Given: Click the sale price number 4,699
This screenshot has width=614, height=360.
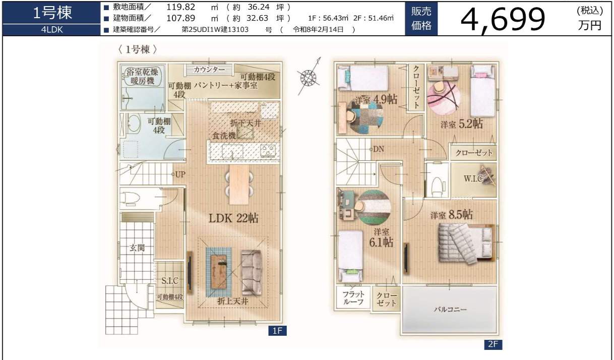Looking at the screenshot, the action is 503,19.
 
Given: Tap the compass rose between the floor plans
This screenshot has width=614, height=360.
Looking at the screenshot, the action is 309,78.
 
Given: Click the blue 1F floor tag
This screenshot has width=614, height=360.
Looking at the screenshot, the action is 277,331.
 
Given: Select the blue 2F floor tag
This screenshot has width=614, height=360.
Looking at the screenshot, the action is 493,344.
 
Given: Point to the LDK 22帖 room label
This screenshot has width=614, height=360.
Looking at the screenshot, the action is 233,218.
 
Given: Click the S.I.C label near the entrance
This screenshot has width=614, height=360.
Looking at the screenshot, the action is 170,280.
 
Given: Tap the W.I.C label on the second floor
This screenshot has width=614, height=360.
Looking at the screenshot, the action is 473,179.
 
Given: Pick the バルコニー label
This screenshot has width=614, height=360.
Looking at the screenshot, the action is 450,310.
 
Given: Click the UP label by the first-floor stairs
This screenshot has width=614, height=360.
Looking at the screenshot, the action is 180,174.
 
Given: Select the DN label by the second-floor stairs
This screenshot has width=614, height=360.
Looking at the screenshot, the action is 379,149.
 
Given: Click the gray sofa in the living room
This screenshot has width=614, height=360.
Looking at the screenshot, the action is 251,273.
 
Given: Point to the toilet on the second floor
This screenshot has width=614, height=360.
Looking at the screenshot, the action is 437,187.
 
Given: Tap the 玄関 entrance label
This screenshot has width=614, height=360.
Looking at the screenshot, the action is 137,248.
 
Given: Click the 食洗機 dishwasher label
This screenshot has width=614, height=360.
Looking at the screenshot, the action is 224,136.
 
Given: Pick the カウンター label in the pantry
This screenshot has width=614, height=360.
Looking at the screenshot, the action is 209,70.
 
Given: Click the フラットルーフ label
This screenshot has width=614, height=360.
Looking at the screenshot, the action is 353,298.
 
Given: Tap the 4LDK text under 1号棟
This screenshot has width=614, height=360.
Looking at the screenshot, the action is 52,30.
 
